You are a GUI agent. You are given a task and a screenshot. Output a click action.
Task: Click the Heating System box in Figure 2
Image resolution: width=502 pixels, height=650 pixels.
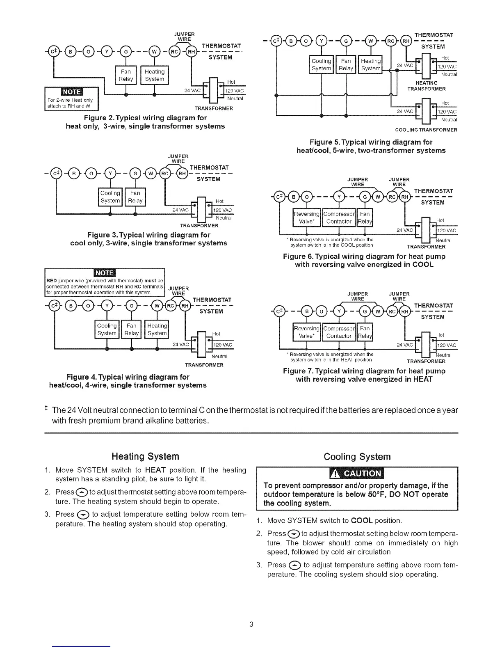pos(155,75)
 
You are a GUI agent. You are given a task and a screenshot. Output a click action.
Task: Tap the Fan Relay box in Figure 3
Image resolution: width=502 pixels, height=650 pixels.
pos(135,197)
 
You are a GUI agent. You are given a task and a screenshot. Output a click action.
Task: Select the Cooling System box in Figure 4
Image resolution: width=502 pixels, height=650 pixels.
pos(107,330)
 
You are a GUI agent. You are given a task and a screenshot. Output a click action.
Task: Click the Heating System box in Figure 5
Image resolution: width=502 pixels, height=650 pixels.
pos(371,65)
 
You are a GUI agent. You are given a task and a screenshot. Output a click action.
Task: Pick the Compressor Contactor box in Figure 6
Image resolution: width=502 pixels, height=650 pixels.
pos(339,217)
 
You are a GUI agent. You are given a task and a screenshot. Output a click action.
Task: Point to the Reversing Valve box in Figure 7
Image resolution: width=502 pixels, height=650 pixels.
pos(306,332)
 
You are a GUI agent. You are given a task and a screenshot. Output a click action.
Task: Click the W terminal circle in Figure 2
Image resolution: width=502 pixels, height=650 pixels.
pos(155,52)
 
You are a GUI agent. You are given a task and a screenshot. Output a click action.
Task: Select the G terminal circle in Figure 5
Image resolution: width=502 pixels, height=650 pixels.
pos(346,41)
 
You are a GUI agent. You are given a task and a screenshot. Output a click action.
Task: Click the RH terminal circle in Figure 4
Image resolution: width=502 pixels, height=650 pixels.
pos(185,306)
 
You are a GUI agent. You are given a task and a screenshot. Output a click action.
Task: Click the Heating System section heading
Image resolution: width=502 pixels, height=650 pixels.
pos(145,457)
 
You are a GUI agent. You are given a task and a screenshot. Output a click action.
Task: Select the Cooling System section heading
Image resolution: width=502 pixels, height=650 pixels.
pos(357,457)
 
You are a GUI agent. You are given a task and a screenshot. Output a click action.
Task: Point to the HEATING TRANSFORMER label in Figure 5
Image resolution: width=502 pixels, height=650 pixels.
pos(426,86)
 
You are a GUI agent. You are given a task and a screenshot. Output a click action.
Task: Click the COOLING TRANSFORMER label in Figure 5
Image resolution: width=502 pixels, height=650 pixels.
pos(426,130)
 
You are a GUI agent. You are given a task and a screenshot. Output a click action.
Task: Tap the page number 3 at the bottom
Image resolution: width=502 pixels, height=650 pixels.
pos(251,625)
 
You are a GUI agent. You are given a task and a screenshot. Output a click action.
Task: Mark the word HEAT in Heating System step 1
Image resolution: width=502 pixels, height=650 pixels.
pos(155,470)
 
